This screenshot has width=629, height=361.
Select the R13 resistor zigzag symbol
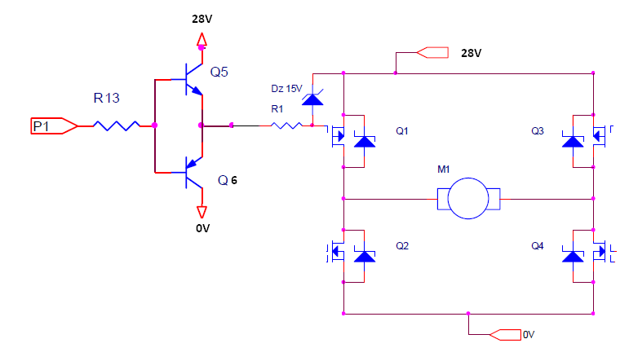116,125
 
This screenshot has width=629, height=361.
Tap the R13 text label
106,99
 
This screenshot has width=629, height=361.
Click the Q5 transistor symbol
190,80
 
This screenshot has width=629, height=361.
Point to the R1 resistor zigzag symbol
286,125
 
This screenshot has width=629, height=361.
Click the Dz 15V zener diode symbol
312,99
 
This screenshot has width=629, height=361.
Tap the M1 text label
445,169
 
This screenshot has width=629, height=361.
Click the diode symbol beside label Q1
365,141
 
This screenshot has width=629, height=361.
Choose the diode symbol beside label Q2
365,256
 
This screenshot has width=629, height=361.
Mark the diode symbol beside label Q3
574,141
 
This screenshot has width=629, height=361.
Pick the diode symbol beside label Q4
574,256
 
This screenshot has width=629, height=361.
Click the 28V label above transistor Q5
202,18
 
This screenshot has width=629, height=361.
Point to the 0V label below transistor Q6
203,228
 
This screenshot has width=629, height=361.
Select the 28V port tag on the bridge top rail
432,53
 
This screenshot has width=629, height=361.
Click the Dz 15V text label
286,88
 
